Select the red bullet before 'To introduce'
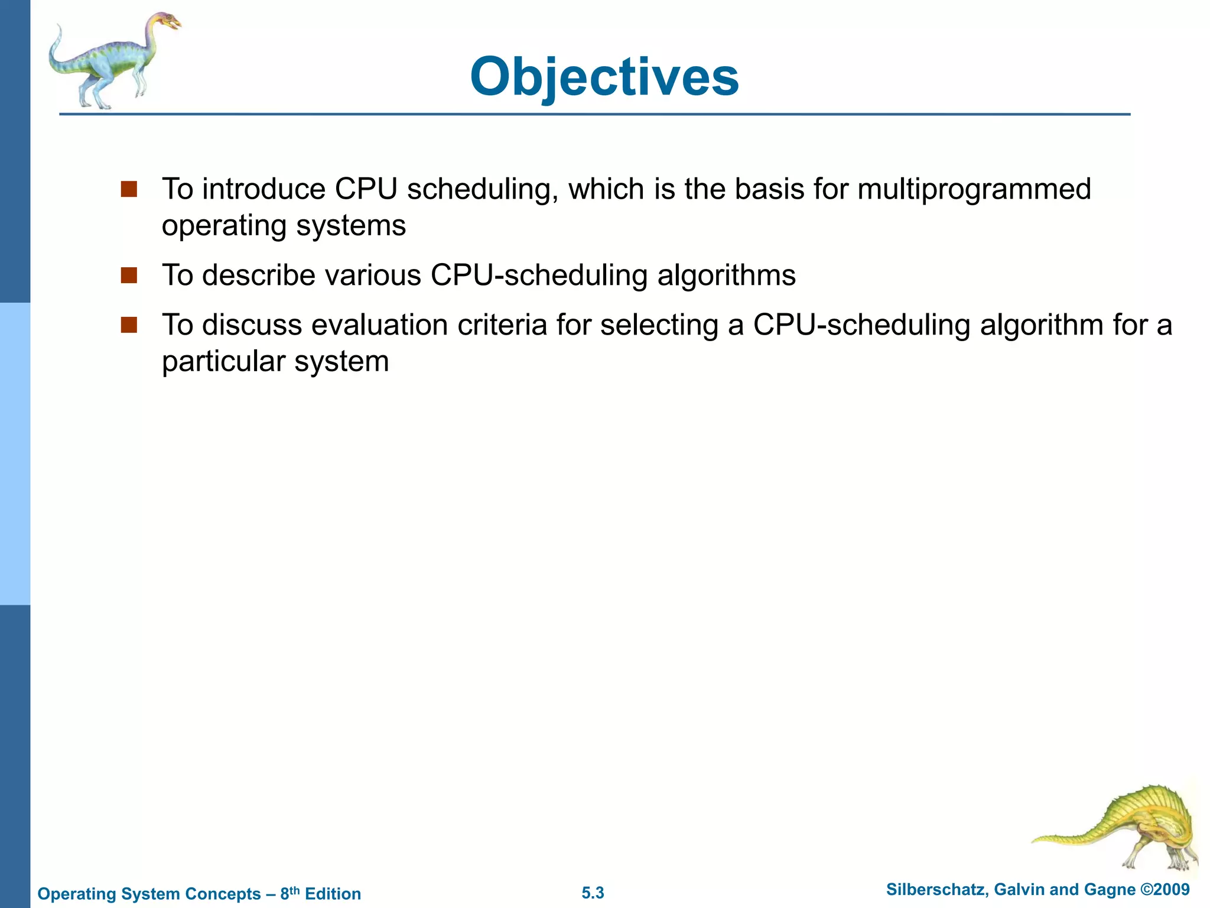pos(129,189)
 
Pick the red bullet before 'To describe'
pos(129,275)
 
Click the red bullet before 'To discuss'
pos(129,325)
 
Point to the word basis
pos(769,189)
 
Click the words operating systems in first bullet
pos(284,226)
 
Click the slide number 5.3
pos(593,893)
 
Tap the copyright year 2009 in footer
pos(1172,890)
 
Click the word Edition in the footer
pos(333,894)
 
